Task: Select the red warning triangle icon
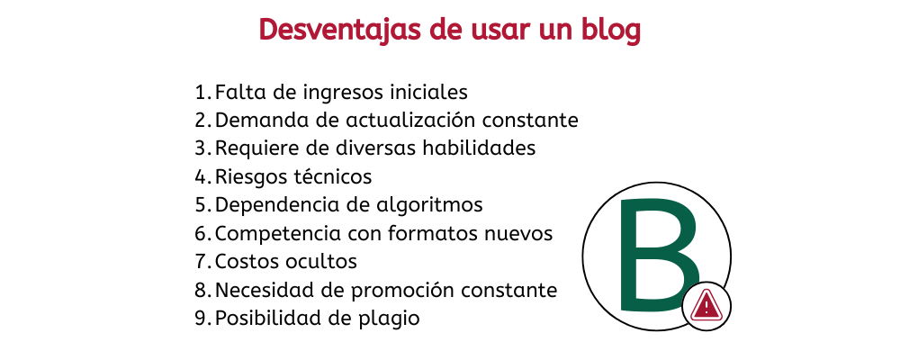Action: point(706,306)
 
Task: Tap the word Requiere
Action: point(256,148)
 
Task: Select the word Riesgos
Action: point(247,177)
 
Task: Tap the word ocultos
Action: point(320,262)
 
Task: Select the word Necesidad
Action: point(260,291)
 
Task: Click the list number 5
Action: point(201,205)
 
